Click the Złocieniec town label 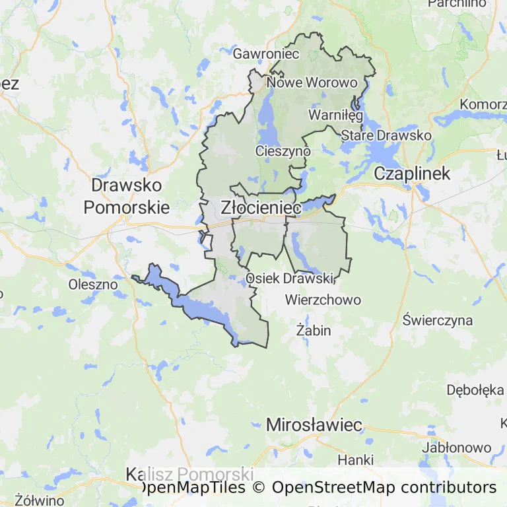(x=261, y=207)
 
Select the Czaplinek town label (x=412, y=174)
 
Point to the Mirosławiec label (x=314, y=424)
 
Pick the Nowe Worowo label (x=312, y=83)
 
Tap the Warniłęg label (x=336, y=116)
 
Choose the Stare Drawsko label (x=386, y=135)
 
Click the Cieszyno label (x=283, y=151)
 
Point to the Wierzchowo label (x=323, y=300)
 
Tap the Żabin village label (x=314, y=330)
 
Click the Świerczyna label (x=438, y=321)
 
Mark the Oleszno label (x=93, y=285)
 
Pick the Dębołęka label (x=475, y=389)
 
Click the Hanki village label (x=355, y=459)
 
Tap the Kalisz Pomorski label (x=189, y=475)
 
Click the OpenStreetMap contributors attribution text (x=384, y=488)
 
